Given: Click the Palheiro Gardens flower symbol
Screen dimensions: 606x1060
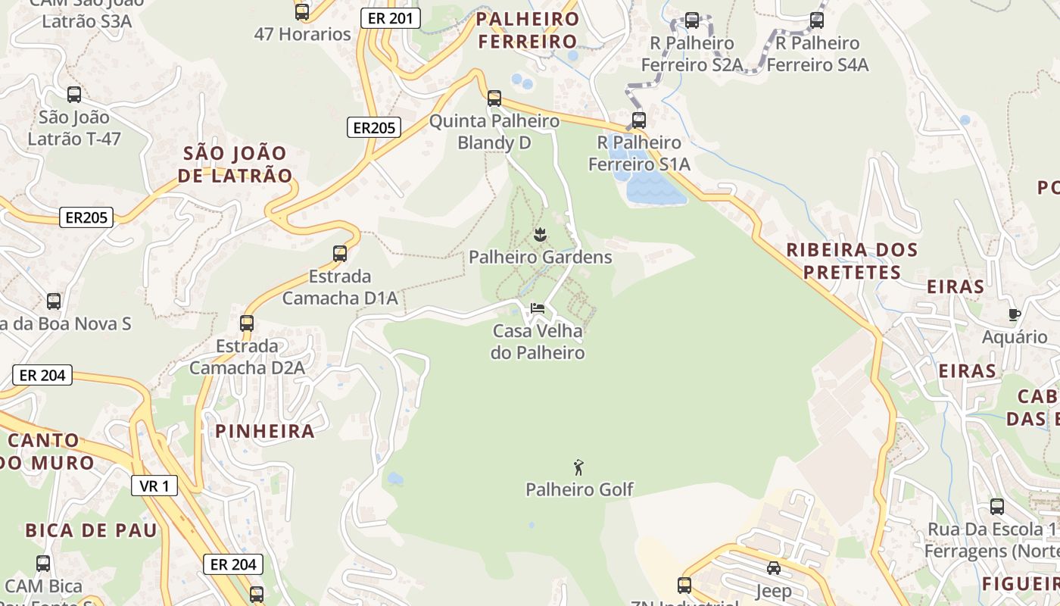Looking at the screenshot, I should (x=540, y=235).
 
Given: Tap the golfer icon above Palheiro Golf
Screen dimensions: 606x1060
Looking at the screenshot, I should (x=579, y=467).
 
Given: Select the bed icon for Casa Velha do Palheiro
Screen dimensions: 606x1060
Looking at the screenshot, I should (x=538, y=308).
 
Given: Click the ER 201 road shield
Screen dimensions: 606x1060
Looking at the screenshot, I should (x=390, y=18).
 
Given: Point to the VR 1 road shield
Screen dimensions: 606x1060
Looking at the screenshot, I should (x=154, y=486).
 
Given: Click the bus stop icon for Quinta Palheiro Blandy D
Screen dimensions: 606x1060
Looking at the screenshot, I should (x=494, y=98).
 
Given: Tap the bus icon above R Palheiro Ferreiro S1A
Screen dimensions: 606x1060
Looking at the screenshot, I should (x=639, y=120).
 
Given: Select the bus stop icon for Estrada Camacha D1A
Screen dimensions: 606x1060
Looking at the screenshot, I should (x=340, y=254).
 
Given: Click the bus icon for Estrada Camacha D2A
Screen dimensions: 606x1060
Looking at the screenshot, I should (x=247, y=323).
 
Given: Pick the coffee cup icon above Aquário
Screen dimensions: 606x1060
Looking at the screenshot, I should (x=1015, y=314).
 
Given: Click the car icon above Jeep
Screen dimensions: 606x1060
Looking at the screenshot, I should (x=773, y=568).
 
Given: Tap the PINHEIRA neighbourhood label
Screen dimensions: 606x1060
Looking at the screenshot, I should (x=265, y=431).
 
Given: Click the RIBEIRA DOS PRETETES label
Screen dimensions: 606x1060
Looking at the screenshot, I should (x=852, y=261).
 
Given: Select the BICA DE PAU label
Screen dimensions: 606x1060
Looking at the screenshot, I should (x=91, y=530).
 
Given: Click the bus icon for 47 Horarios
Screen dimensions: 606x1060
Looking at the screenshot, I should (x=302, y=11).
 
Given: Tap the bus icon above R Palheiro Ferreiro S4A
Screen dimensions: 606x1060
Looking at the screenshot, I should (x=817, y=20).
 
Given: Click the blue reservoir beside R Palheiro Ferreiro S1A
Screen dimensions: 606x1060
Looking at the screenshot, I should (x=648, y=186).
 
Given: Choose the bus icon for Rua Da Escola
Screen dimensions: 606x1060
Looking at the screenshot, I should (x=997, y=506).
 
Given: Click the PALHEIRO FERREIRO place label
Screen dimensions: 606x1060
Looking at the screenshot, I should (x=528, y=30).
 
